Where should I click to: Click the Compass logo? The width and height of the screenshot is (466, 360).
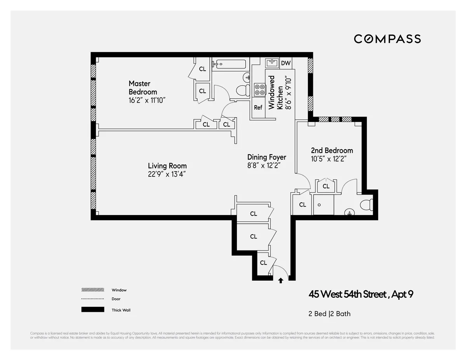[387, 39]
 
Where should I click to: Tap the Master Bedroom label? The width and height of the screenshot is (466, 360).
[143, 88]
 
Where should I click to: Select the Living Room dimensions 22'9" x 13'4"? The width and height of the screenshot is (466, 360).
[167, 174]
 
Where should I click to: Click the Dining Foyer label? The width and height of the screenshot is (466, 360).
[266, 157]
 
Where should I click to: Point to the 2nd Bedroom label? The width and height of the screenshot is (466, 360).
[332, 151]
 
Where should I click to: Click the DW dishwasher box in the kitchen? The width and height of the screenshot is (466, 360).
[285, 63]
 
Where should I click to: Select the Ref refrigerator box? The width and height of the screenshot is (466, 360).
[258, 108]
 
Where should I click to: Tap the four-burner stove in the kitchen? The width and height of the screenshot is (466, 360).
[259, 90]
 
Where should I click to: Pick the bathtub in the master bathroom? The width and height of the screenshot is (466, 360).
[229, 64]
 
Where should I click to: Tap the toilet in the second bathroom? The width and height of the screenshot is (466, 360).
[366, 205]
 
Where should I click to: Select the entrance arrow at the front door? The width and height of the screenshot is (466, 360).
[281, 280]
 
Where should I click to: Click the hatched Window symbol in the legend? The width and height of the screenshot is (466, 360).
[93, 290]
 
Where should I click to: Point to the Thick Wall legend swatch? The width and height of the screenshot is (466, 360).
[93, 310]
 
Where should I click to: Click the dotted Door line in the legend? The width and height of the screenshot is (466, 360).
[93, 299]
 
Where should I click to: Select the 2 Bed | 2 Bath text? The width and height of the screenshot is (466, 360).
[329, 314]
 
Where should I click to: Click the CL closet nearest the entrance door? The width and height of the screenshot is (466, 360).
[263, 263]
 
